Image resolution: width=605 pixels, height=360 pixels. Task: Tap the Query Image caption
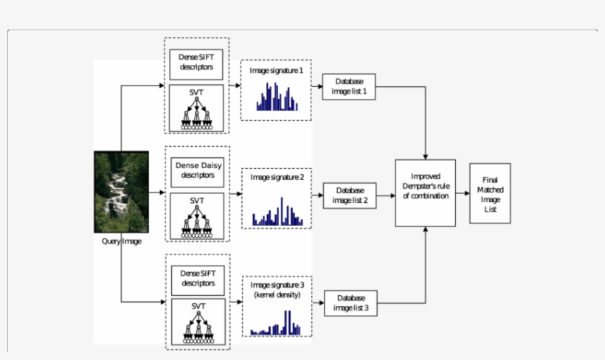(122, 241)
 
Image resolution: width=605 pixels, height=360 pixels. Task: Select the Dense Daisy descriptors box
(198, 171)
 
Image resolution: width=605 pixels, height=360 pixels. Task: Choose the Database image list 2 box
(350, 195)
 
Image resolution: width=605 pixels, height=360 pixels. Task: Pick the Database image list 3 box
(350, 302)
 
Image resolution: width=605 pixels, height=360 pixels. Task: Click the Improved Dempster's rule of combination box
(425, 192)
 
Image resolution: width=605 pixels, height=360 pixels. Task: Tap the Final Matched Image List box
(489, 194)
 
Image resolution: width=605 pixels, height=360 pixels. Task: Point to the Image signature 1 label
(277, 70)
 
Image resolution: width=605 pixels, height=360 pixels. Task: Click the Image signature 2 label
(277, 178)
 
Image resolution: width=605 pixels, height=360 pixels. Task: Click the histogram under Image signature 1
(277, 97)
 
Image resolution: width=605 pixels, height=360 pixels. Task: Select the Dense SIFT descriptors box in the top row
(197, 64)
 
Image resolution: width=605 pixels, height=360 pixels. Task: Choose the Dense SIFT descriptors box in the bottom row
(197, 277)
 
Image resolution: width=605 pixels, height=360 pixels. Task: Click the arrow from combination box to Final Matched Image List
(463, 193)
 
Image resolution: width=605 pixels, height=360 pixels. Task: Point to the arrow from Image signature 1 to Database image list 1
(317, 86)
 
